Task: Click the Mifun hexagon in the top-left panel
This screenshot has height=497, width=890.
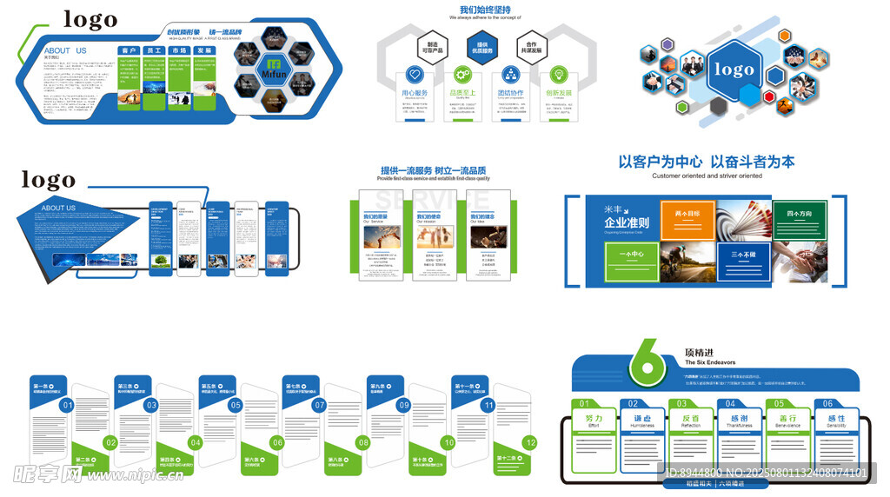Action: [274, 69]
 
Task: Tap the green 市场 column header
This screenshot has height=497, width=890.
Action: [179, 51]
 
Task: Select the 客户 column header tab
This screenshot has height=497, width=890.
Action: [130, 51]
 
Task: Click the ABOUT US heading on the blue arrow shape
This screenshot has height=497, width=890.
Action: [59, 209]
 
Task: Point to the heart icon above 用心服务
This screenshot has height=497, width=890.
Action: [414, 74]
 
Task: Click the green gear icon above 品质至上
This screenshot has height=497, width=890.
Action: [462, 74]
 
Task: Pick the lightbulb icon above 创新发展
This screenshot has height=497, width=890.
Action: [558, 74]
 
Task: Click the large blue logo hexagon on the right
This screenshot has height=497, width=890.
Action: [734, 70]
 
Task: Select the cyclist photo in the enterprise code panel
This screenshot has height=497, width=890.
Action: [687, 262]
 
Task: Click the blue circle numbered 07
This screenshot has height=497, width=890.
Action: [319, 405]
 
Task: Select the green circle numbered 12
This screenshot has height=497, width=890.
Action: [531, 443]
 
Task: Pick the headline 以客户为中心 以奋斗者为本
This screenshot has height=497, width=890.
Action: [706, 162]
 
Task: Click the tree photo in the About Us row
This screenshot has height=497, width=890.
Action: [160, 261]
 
